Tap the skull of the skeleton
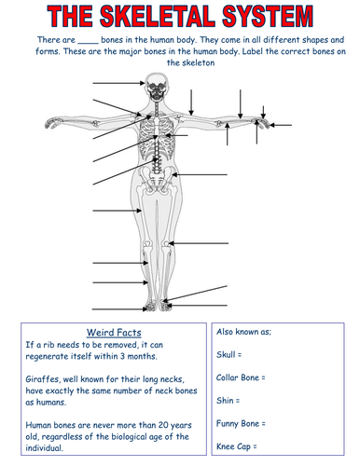pyautogui.click(x=157, y=87)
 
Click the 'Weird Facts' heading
pyautogui.click(x=114, y=333)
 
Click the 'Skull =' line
pyautogui.click(x=228, y=354)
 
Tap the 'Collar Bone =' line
pyautogui.click(x=241, y=377)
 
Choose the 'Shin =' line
pyautogui.click(x=228, y=401)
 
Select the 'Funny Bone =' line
pyautogui.click(x=241, y=423)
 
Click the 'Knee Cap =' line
pyautogui.click(x=237, y=446)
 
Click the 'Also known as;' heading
pyautogui.click(x=243, y=332)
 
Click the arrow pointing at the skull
pyautogui.click(x=118, y=83)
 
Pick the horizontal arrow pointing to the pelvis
pyautogui.click(x=200, y=174)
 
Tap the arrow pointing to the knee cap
pyautogui.click(x=199, y=243)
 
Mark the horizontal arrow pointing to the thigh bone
pyautogui.click(x=118, y=211)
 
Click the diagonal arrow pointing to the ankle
pyautogui.click(x=195, y=294)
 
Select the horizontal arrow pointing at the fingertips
pyautogui.click(x=281, y=125)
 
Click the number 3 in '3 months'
pyautogui.click(x=122, y=356)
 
